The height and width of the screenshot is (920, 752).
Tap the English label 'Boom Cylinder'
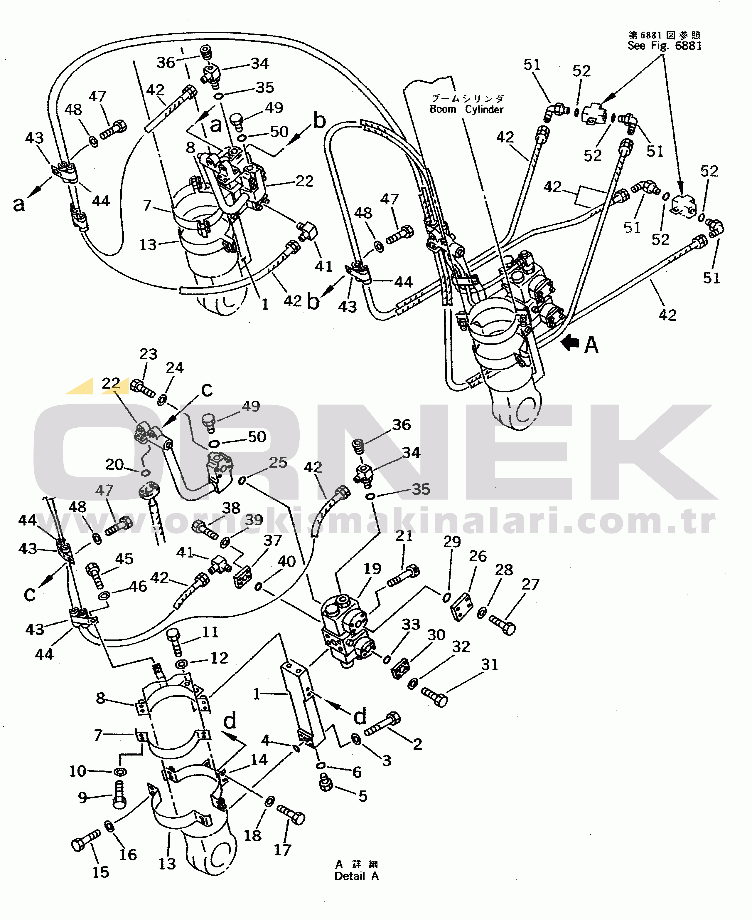(466, 109)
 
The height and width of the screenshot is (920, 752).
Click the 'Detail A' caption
(357, 876)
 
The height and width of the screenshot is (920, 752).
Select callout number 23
(148, 354)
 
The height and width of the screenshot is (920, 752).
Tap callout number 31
(490, 664)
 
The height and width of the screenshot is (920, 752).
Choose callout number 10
(77, 771)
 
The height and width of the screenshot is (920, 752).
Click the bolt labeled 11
(175, 642)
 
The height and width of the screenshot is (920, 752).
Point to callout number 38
(231, 508)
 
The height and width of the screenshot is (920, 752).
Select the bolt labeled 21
(403, 576)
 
